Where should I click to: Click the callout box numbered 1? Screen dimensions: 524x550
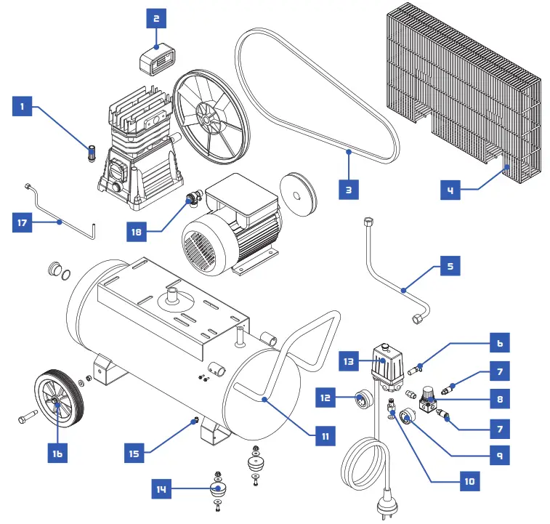[x=23, y=108]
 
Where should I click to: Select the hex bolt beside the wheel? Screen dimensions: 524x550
[x=27, y=419]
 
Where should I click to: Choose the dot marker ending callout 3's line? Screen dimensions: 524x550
[x=349, y=152]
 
